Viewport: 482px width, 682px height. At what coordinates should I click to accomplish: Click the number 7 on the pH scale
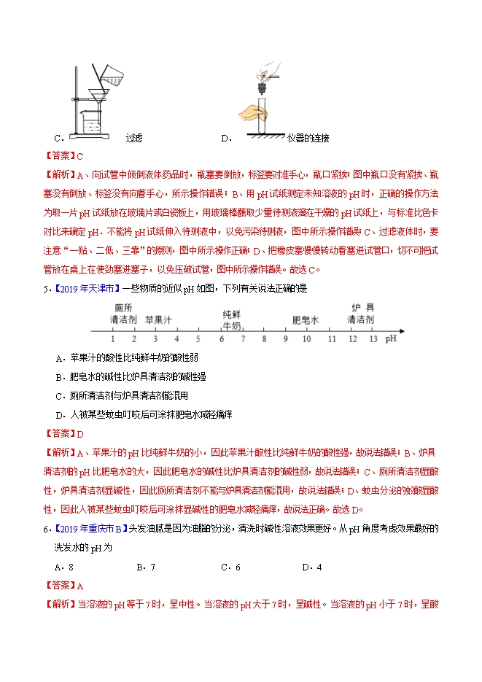(243, 339)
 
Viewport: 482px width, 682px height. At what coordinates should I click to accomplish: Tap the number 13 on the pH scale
(374, 339)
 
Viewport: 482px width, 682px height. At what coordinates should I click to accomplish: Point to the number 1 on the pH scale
(113, 339)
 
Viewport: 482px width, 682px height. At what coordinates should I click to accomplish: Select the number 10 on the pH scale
(307, 339)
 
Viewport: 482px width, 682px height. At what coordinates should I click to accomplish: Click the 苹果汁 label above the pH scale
(158, 319)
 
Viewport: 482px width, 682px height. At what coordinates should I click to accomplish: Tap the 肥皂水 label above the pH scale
(306, 319)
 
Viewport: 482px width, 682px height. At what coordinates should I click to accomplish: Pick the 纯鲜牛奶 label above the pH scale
(232, 318)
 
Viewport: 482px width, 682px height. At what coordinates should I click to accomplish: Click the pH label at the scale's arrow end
(392, 338)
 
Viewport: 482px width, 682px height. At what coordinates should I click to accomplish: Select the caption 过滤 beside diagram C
(134, 138)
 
